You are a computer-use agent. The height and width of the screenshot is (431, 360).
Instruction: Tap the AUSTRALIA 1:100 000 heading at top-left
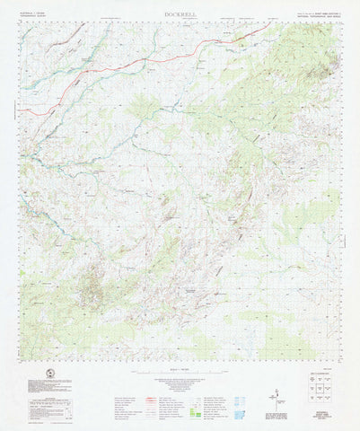[35, 14]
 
